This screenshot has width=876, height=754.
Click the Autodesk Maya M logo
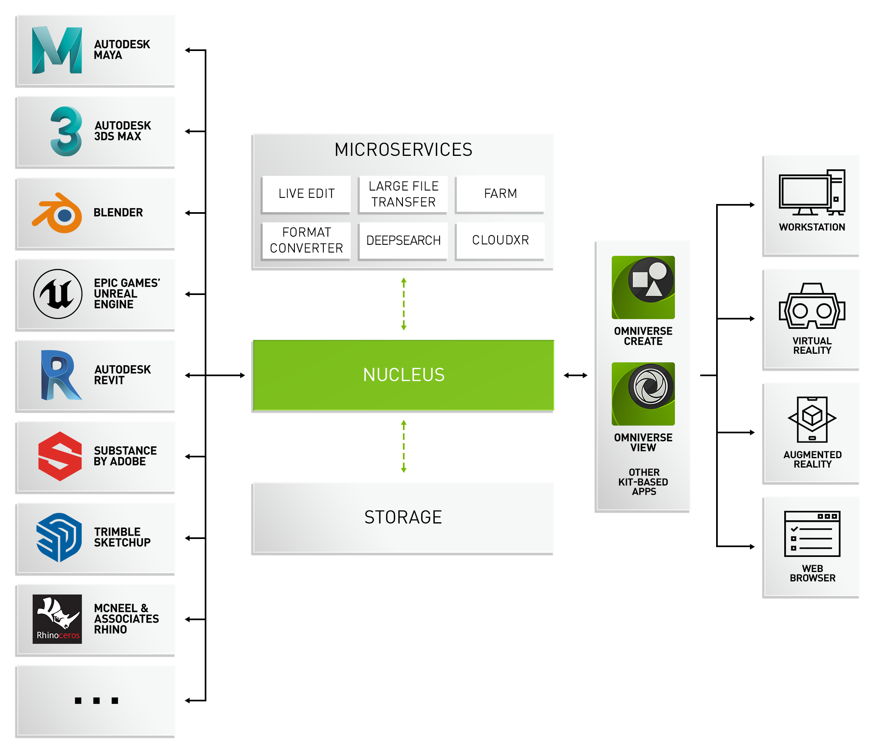(x=57, y=50)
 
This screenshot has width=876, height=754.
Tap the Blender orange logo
(x=58, y=213)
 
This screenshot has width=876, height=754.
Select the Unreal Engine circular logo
(x=58, y=294)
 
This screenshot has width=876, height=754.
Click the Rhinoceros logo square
(x=57, y=619)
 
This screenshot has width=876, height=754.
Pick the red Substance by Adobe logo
(x=60, y=456)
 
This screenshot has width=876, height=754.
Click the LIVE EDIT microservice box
(x=306, y=194)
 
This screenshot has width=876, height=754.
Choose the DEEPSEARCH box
(x=403, y=240)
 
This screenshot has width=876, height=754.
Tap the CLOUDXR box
(x=500, y=240)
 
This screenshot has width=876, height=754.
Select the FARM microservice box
(x=500, y=194)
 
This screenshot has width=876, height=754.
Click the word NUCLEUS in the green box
(x=403, y=375)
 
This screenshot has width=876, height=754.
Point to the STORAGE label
(x=403, y=517)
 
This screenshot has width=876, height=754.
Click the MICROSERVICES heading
(x=403, y=150)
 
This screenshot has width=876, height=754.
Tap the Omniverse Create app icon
(x=643, y=287)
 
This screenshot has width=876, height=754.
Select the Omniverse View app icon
(x=643, y=394)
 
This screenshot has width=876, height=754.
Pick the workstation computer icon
(x=812, y=193)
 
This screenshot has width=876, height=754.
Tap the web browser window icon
(x=812, y=534)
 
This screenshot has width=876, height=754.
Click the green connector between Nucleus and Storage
(x=403, y=446)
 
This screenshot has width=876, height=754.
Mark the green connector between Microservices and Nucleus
(x=403, y=304)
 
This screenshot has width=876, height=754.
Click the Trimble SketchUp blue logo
(x=59, y=537)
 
